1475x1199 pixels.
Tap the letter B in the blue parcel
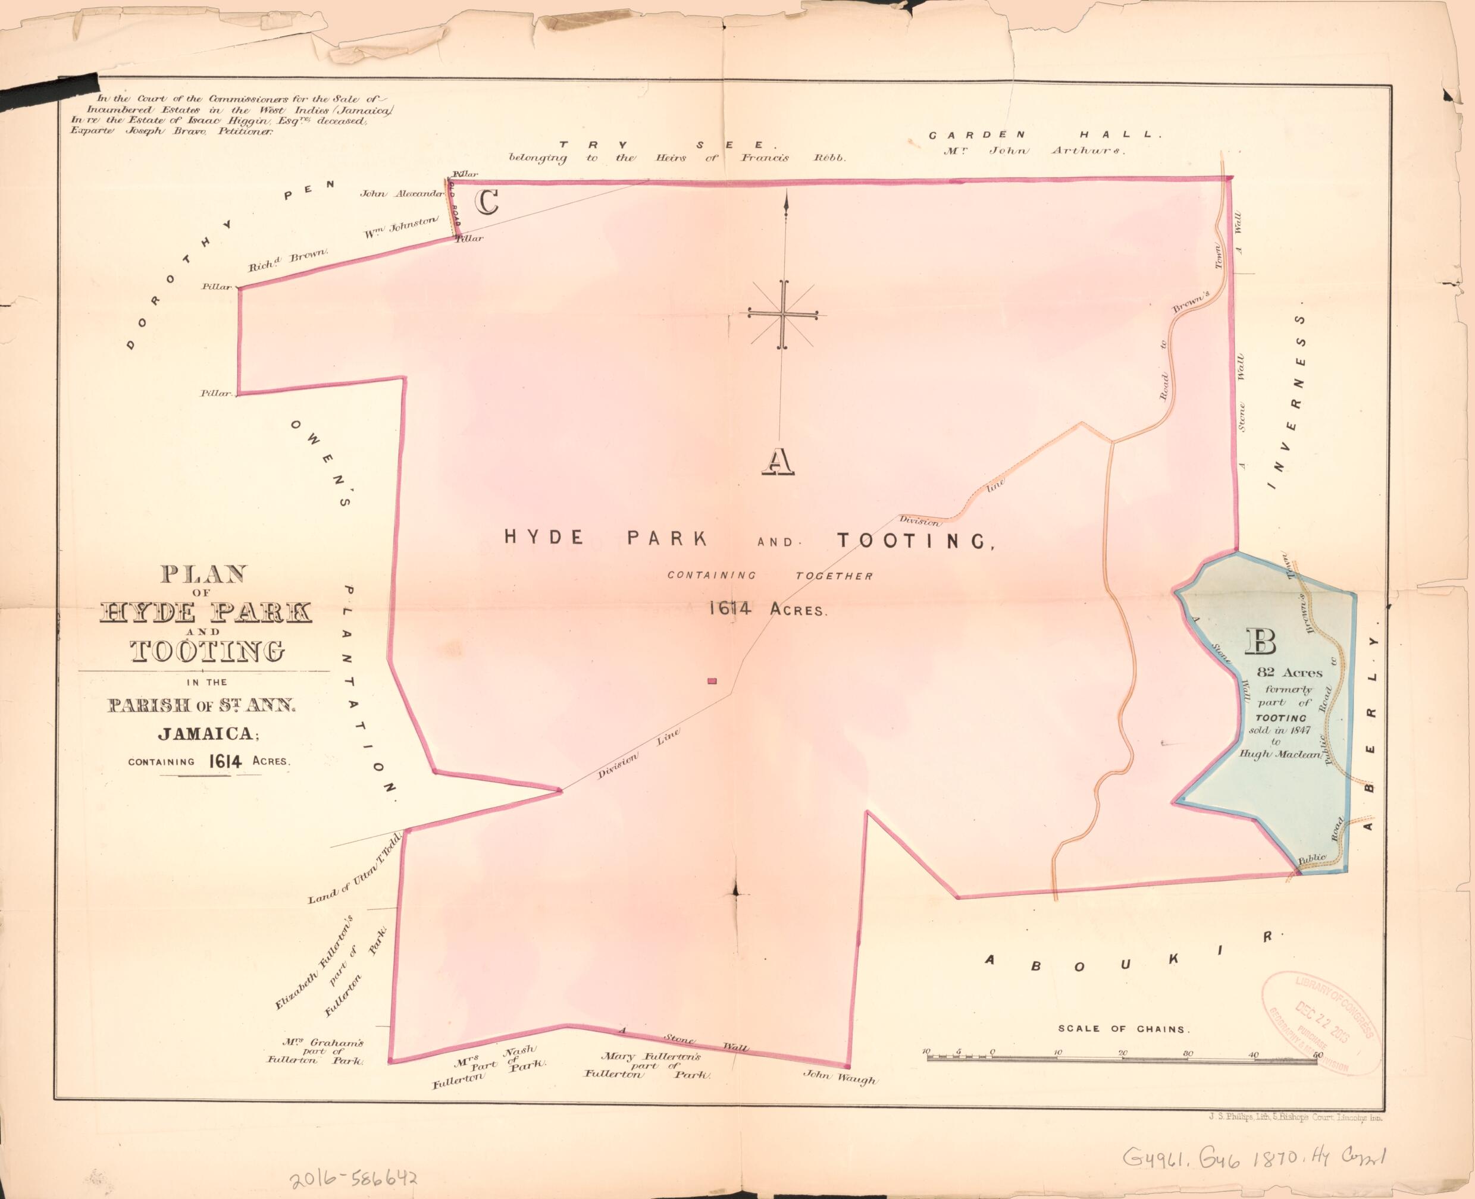point(1260,642)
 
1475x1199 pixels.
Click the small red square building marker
point(712,682)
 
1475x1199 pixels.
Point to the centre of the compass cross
point(783,314)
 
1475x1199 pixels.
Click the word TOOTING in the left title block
point(206,651)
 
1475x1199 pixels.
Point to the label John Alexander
point(400,194)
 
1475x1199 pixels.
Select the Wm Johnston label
point(400,228)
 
